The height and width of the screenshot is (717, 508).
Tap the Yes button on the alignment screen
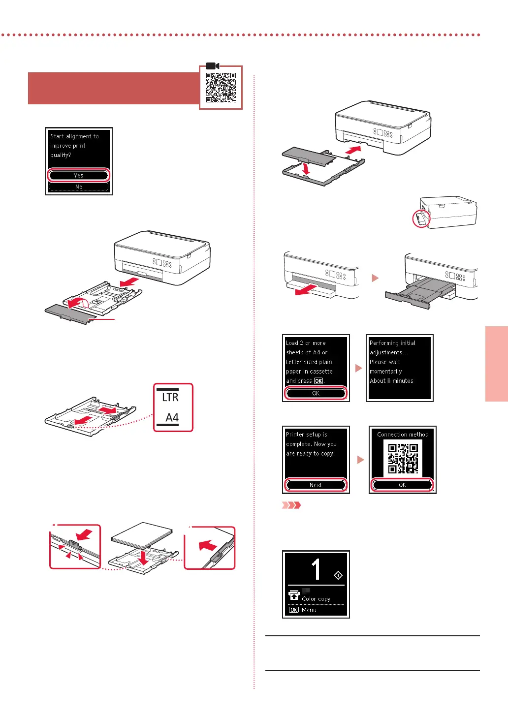pos(79,175)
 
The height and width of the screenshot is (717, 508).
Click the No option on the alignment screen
pos(79,187)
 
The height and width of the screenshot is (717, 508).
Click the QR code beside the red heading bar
pos(221,88)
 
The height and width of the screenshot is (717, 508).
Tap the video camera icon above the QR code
pos(213,66)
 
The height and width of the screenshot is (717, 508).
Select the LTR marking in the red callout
pos(170,397)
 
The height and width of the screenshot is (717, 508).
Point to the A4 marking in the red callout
pos(172,418)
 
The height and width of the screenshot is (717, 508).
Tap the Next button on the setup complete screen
pos(316,485)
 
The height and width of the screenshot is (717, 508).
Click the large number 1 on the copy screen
pos(317,569)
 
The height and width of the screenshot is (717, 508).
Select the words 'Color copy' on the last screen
pos(316,599)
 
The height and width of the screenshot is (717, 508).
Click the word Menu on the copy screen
pos(309,610)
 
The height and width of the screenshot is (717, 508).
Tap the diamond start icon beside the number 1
pos(338,575)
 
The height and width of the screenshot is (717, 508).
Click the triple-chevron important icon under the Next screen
pos(291,505)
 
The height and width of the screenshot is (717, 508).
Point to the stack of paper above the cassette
pos(142,535)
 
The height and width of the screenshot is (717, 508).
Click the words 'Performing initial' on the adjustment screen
pos(392,343)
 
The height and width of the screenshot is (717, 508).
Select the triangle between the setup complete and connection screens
pos(360,460)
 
